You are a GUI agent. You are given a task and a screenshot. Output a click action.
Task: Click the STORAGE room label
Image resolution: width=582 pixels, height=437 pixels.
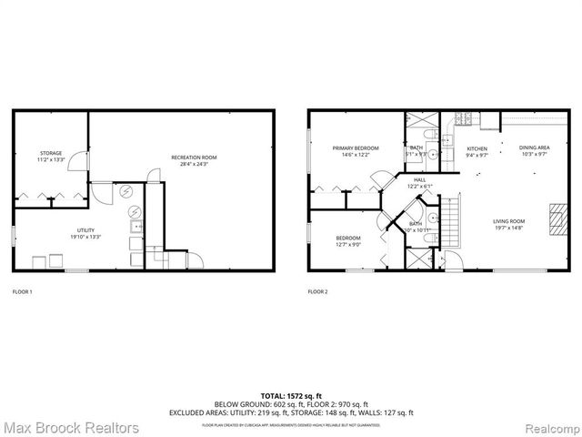coord(50,152)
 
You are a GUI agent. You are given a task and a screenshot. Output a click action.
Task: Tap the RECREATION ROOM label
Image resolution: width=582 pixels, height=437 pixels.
coord(194,158)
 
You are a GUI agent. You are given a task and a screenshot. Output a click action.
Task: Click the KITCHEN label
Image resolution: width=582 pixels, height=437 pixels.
coord(477,147)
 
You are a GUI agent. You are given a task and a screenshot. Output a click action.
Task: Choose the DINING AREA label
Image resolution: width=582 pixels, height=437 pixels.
coord(534,147)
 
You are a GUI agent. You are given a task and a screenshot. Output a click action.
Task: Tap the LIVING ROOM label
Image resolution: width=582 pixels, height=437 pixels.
coord(509,221)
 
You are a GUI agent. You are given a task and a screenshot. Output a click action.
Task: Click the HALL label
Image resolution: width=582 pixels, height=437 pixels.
coord(419,179)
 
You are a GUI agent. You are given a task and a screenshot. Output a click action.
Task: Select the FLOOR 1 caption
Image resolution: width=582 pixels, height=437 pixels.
coord(22,291)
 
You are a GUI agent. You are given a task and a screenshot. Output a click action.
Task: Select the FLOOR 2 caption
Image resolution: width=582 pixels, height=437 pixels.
coord(317,291)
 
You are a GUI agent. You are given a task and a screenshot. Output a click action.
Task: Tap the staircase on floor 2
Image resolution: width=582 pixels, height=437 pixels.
coord(449,224)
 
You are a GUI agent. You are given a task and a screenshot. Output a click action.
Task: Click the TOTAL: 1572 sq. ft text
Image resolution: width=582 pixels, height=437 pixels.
coord(290,395)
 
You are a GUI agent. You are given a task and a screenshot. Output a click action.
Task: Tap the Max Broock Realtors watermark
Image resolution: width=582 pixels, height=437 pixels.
coord(72,427)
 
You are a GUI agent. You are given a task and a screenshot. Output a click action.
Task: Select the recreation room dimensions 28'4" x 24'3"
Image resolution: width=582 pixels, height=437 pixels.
coord(194,165)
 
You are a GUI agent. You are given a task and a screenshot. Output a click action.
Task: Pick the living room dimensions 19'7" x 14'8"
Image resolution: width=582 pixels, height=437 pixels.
coord(509,229)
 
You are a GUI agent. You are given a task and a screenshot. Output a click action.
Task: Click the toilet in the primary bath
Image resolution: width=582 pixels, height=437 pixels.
coord(435,156)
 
